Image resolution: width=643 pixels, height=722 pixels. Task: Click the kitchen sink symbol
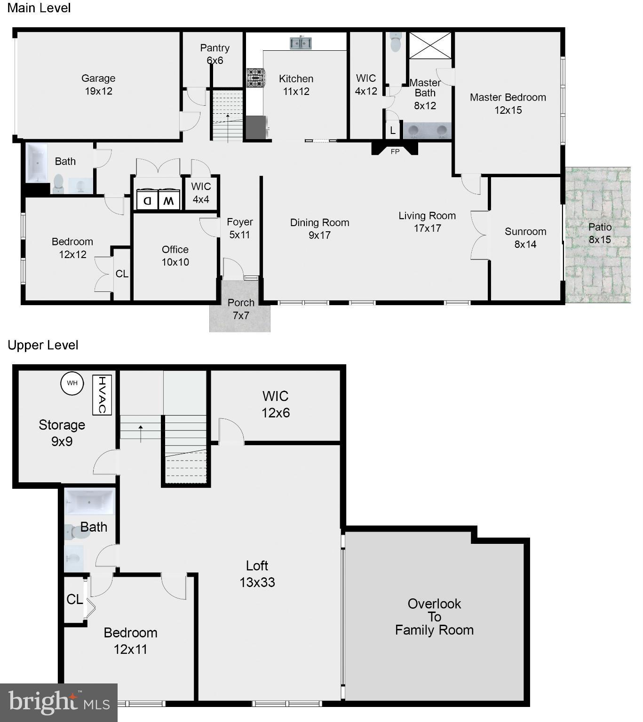[301, 43]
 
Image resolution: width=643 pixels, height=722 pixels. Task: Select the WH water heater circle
[72, 383]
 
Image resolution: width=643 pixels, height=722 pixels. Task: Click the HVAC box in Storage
[102, 395]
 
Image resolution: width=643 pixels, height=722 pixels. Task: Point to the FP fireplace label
[395, 151]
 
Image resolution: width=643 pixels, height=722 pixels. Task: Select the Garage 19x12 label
[98, 85]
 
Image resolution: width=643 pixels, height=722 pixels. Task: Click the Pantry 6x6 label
[214, 54]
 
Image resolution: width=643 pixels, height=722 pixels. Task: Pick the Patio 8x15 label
[600, 233]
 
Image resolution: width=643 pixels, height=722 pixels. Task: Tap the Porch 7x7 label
[240, 309]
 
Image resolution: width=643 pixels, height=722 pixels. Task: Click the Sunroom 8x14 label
[525, 237]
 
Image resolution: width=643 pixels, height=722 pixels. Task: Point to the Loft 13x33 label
[257, 573]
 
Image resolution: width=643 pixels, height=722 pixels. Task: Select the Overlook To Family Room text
[434, 617]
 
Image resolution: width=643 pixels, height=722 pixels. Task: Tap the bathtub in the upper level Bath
[89, 502]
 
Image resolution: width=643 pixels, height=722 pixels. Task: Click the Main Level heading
[39, 8]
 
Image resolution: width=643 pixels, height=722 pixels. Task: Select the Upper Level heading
[43, 345]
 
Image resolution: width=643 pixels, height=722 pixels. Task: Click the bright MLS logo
[59, 702]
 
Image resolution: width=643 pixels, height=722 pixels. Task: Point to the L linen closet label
[393, 131]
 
